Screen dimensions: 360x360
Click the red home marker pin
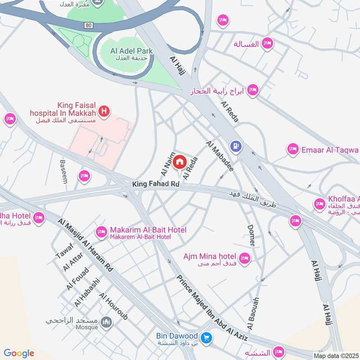point(180,162)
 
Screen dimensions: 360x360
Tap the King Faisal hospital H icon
point(104,111)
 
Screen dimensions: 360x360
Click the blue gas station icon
point(235,146)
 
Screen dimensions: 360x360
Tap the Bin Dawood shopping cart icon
point(207,337)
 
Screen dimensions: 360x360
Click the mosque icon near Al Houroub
point(106,322)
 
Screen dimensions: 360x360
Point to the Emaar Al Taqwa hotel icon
point(293,149)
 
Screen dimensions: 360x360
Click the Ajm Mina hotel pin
point(244,258)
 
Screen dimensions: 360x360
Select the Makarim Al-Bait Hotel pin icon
point(101,232)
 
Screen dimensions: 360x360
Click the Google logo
point(19,353)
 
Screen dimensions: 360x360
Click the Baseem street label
point(63,171)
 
